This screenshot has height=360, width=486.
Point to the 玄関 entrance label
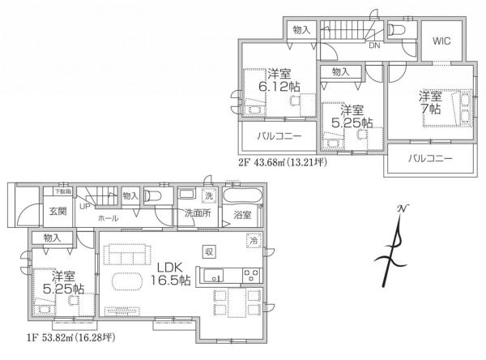(57, 212)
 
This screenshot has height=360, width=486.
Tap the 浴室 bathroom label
(243, 215)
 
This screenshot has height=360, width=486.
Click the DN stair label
(373, 46)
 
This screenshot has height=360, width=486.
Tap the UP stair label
(84, 206)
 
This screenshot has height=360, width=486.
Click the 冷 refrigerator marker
(254, 240)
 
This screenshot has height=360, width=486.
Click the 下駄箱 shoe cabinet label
(62, 191)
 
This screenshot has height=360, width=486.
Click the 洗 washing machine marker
(207, 196)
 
